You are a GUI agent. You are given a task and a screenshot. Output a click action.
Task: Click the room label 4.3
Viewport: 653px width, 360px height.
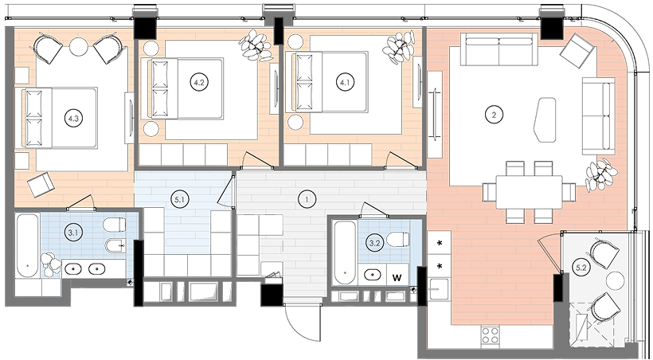tap(73, 119)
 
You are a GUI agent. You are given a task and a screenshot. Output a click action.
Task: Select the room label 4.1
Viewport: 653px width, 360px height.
tap(345, 82)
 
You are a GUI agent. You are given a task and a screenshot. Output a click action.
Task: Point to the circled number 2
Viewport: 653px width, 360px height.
tap(494, 115)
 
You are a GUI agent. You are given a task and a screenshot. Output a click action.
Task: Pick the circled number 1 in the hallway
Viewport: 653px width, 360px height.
tap(307, 200)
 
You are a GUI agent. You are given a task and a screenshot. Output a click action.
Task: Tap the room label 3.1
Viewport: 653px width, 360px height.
tap(73, 232)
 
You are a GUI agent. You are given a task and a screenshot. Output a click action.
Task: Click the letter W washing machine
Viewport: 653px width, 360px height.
tap(397, 278)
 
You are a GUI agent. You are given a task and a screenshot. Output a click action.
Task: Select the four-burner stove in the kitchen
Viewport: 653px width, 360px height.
tap(491, 336)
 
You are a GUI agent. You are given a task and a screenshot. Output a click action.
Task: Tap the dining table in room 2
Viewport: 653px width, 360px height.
tap(529, 192)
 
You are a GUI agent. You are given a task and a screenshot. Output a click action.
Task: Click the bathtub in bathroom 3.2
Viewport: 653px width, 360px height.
tap(346, 252)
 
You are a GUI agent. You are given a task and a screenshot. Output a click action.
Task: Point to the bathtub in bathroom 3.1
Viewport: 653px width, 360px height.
tap(28, 245)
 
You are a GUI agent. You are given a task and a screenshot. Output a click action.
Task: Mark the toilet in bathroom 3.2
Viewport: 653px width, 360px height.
tap(397, 240)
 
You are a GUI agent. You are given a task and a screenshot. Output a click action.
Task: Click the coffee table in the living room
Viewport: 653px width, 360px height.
tap(545, 119)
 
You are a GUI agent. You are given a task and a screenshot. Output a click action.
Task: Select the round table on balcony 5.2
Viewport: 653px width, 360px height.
tap(616, 280)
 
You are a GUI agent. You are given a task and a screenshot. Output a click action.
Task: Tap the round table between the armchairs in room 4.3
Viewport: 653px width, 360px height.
tap(78, 46)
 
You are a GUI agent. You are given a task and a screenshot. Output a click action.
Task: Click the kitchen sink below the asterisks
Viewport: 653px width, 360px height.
tap(439, 289)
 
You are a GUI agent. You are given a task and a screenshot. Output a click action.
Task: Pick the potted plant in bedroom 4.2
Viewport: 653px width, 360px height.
tap(256, 45)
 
